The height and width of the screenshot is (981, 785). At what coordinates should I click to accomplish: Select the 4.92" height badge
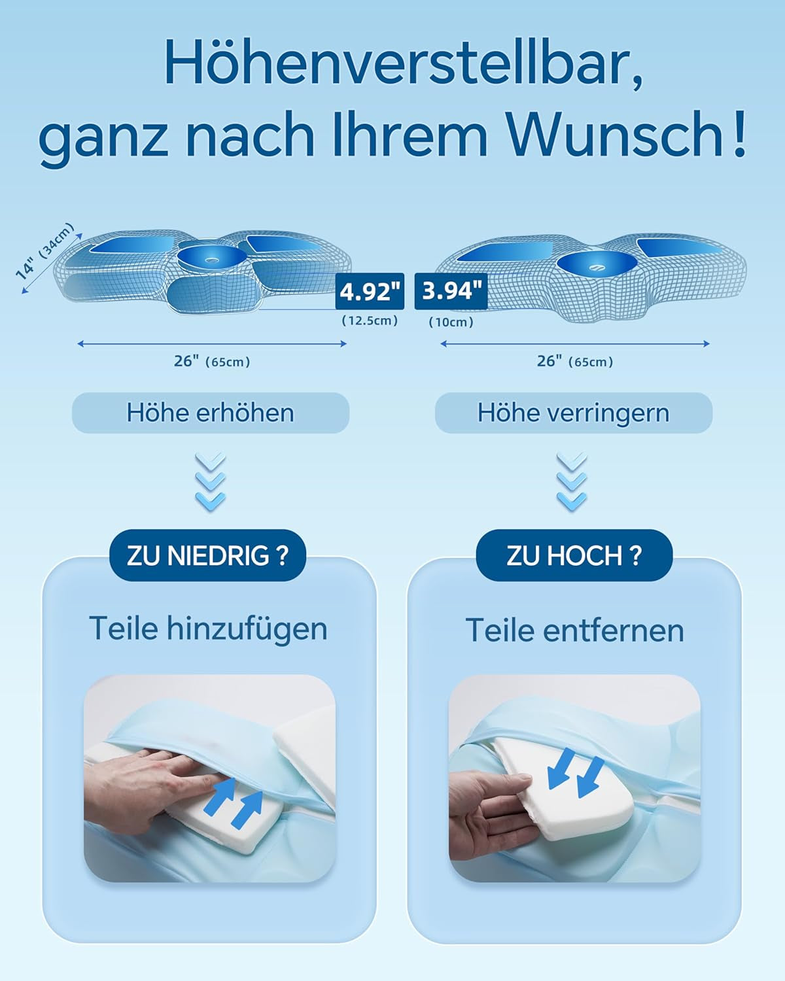pyautogui.click(x=370, y=291)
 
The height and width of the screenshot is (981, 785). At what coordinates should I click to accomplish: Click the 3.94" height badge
pyautogui.click(x=451, y=291)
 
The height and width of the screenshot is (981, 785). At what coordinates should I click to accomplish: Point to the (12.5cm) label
pyautogui.click(x=370, y=320)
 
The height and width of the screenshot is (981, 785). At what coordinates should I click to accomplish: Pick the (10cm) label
pyautogui.click(x=451, y=322)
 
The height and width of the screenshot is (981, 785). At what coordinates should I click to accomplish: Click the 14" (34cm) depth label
pyautogui.click(x=44, y=251)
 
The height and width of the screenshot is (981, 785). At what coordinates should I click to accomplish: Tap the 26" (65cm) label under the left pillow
pyautogui.click(x=212, y=361)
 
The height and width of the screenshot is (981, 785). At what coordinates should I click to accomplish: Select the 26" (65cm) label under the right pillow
pyautogui.click(x=575, y=361)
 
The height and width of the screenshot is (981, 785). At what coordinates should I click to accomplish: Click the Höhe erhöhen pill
pyautogui.click(x=211, y=413)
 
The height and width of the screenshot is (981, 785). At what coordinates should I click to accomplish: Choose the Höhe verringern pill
pyautogui.click(x=574, y=413)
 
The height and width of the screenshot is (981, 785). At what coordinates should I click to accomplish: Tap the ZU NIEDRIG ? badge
pyautogui.click(x=207, y=555)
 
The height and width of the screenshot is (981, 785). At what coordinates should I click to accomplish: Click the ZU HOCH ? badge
pyautogui.click(x=574, y=555)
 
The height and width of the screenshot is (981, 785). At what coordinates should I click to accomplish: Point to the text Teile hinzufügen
pyautogui.click(x=209, y=629)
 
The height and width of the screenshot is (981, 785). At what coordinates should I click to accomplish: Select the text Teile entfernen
pyautogui.click(x=575, y=630)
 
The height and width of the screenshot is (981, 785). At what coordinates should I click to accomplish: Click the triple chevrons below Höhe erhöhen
pyautogui.click(x=210, y=481)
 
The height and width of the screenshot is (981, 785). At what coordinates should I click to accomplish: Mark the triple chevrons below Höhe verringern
pyautogui.click(x=572, y=481)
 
